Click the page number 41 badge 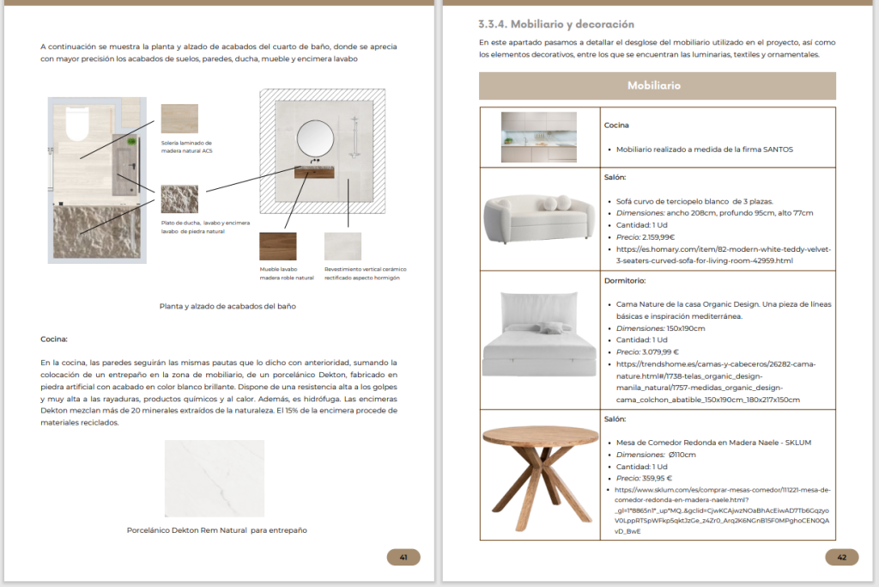(x=403, y=557)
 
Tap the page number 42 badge (x=841, y=557)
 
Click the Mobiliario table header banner (x=657, y=86)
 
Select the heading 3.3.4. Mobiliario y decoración (x=556, y=24)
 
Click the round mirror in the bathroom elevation (x=315, y=138)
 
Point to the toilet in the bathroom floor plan (x=77, y=124)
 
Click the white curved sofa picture (x=539, y=219)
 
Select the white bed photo (x=539, y=334)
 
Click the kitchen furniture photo (x=539, y=137)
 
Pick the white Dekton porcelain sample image (x=214, y=478)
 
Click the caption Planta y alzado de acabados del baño (x=227, y=307)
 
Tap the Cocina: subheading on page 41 (x=54, y=339)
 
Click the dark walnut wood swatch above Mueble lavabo (x=278, y=247)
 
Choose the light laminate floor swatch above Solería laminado (x=179, y=119)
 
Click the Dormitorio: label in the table (x=625, y=280)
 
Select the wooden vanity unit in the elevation (x=314, y=172)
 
